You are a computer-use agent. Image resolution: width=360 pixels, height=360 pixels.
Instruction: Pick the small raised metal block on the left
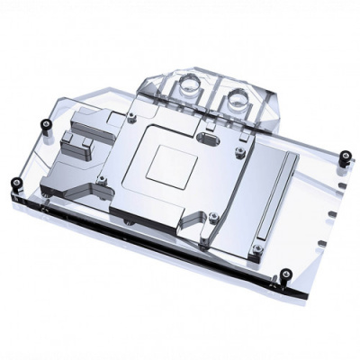tap(74, 142)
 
